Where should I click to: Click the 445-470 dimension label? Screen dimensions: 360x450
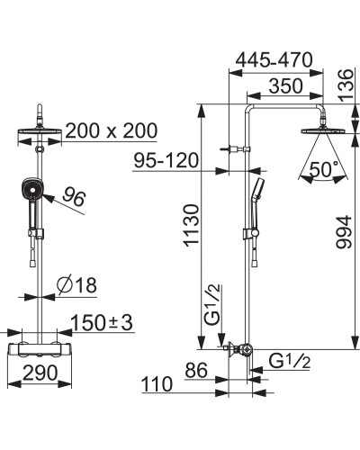pyautogui.click(x=274, y=60)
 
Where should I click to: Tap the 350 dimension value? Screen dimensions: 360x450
pyautogui.click(x=285, y=86)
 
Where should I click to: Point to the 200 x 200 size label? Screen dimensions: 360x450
pyautogui.click(x=111, y=130)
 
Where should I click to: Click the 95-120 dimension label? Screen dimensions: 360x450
pyautogui.click(x=166, y=160)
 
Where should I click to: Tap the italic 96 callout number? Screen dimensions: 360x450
pyautogui.click(x=74, y=196)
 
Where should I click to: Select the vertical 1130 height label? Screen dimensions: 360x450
pyautogui.click(x=192, y=226)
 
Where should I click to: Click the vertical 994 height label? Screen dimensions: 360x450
pyautogui.click(x=344, y=231)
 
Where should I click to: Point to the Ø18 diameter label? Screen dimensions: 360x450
pyautogui.click(x=77, y=284)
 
